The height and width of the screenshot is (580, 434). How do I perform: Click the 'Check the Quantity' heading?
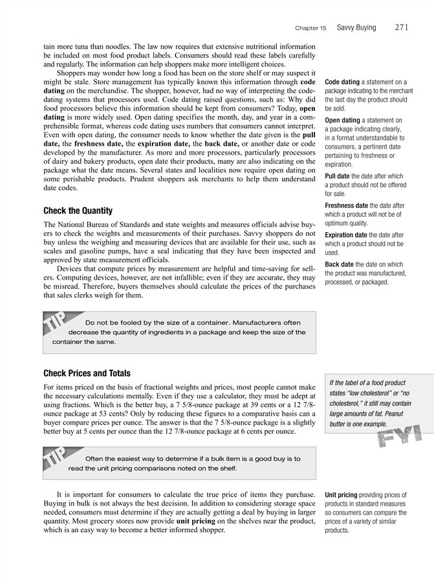point(78,211)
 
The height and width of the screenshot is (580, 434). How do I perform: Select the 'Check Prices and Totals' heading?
point(87,374)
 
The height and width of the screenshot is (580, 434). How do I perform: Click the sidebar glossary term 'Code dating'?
point(342,82)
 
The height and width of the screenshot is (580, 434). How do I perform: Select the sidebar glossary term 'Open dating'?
point(342,120)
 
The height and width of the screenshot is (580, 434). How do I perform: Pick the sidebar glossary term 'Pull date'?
point(338,176)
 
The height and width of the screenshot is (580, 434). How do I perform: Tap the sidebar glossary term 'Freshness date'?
point(347,206)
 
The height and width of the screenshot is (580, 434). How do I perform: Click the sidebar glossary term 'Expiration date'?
point(347,235)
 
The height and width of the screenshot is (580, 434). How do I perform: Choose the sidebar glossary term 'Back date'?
point(339,264)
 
